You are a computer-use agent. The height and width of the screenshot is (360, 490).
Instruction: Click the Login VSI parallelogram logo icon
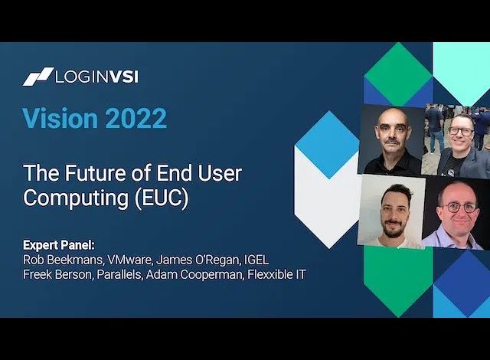(x=38, y=77)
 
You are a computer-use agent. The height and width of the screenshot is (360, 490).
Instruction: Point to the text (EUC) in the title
(x=162, y=198)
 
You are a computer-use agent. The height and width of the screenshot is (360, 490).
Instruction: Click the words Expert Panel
(x=58, y=245)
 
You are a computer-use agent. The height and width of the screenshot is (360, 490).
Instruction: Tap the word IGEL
(x=256, y=260)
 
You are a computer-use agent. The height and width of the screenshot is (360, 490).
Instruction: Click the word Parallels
(x=119, y=274)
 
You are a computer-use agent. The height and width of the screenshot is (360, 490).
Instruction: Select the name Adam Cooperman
(x=194, y=274)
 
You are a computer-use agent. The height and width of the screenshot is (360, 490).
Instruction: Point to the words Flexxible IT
(x=276, y=274)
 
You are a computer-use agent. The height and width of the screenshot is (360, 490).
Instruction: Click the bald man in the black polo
(x=392, y=140)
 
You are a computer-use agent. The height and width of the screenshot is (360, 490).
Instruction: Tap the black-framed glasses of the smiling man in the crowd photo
(x=461, y=131)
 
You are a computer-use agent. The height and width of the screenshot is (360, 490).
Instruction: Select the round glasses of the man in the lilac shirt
(x=459, y=207)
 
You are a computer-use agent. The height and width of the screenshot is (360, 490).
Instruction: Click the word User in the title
(x=220, y=173)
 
